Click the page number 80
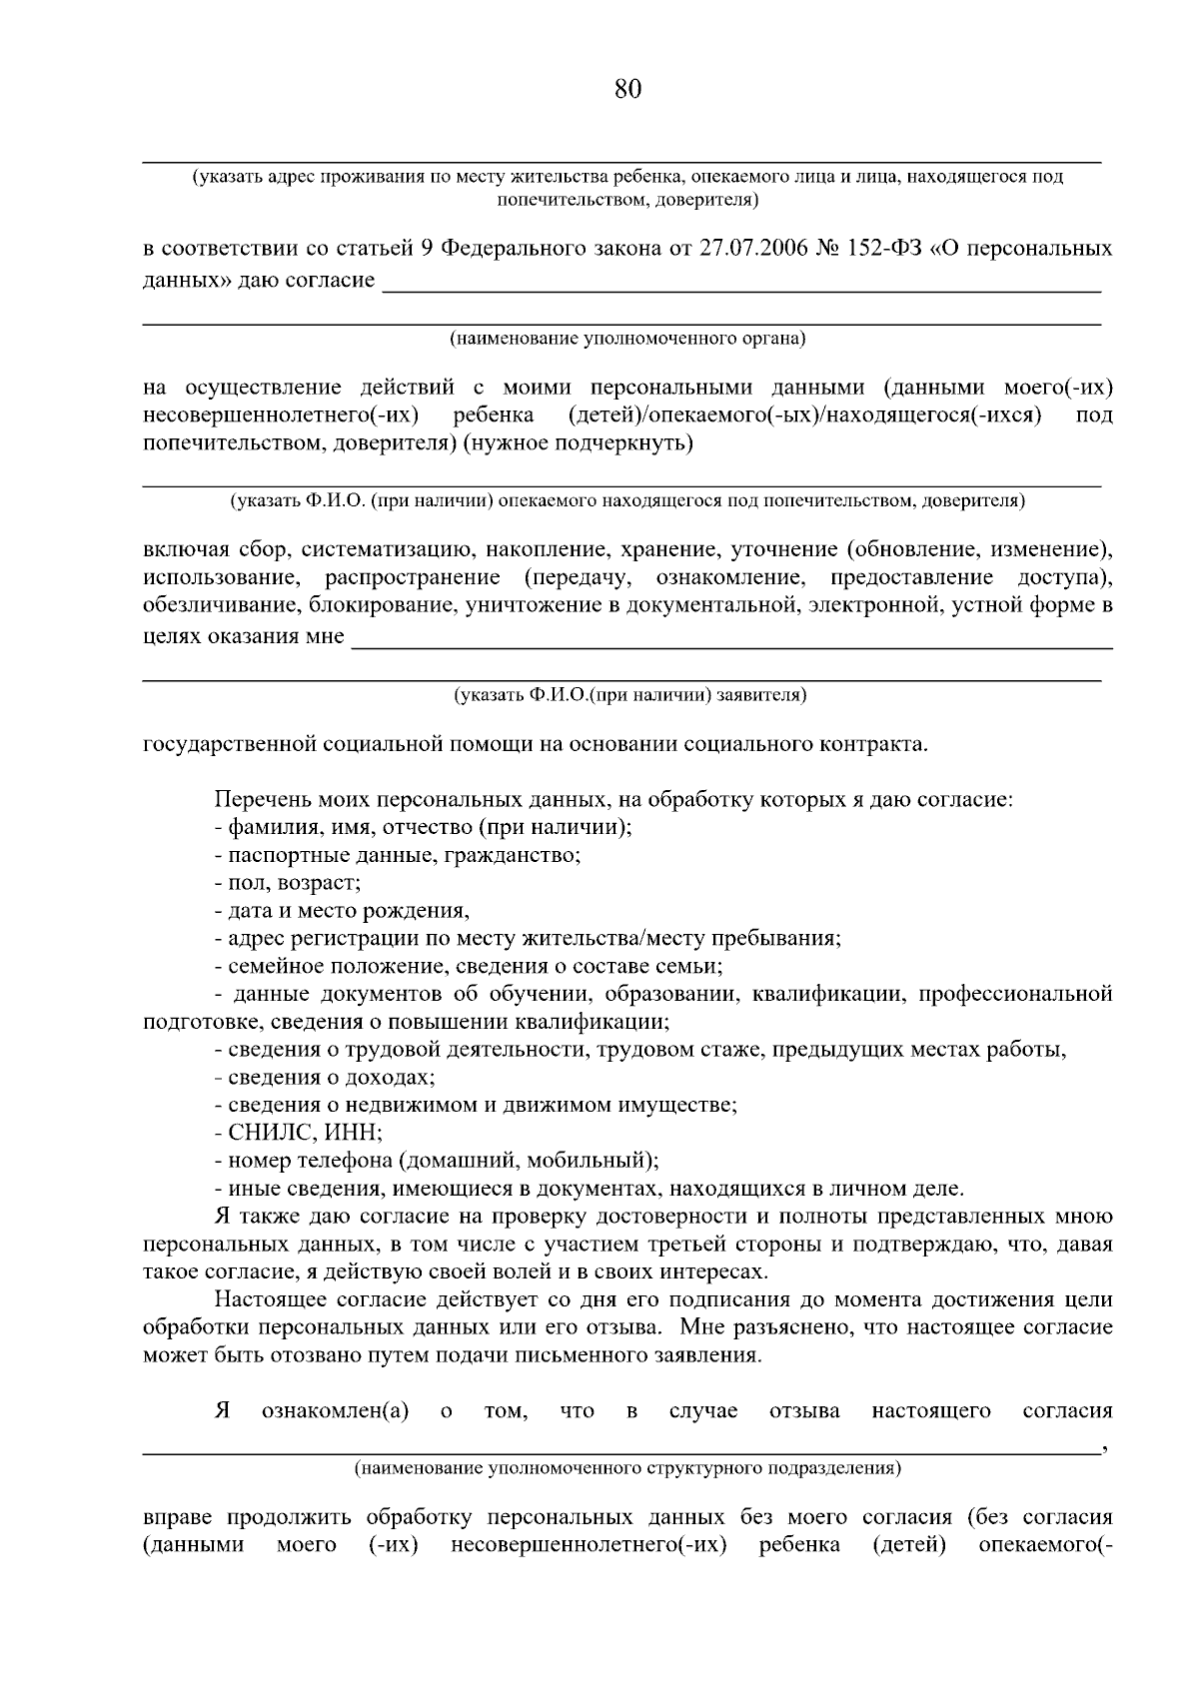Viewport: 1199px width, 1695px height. pos(626,90)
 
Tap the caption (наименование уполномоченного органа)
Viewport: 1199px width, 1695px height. pos(626,338)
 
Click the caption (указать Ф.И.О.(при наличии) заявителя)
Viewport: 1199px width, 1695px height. pos(626,694)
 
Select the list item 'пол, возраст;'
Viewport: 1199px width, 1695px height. pos(288,883)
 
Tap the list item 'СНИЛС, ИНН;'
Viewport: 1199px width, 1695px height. pos(299,1134)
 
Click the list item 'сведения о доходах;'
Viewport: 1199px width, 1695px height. pos(325,1078)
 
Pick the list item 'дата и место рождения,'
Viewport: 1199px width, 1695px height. pos(342,911)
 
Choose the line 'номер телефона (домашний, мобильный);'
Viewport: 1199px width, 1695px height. pos(437,1162)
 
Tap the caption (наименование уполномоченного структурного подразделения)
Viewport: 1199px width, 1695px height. pos(626,1468)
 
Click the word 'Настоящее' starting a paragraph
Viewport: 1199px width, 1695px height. pos(267,1300)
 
